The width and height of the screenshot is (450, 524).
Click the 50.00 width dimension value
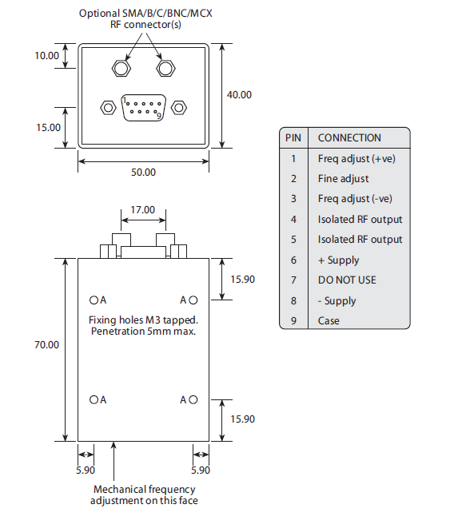pos(144,172)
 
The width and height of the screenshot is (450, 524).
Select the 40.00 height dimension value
pos(239,94)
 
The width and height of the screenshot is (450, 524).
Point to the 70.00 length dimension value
pos(47,345)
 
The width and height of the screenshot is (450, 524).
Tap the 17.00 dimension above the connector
pos(143,210)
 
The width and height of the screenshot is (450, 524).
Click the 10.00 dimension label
pos(47,56)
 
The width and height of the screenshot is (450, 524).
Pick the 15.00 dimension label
pos(47,127)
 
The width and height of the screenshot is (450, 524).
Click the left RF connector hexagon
pos(121,69)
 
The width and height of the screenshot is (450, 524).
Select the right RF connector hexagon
pos(165,69)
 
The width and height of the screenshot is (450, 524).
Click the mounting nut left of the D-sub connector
pos(107,107)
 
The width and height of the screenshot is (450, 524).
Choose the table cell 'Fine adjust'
pos(343,178)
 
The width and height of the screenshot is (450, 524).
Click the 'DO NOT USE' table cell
pos(346,280)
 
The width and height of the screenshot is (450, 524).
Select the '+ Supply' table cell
pos(338,260)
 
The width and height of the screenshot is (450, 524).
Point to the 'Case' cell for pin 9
pos(329,320)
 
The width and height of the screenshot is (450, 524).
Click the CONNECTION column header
pos(349,137)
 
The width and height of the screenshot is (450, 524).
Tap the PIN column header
pos(293,137)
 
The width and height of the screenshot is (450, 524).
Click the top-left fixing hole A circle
pos(93,300)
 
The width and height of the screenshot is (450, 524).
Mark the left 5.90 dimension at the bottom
pos(85,470)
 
